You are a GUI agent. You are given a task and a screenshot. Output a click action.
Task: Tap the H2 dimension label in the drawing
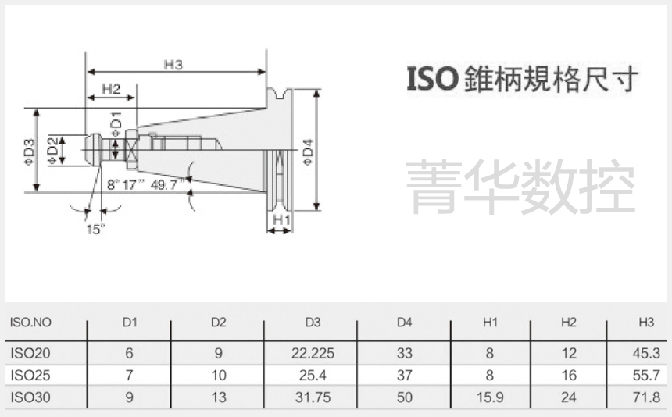[110, 90]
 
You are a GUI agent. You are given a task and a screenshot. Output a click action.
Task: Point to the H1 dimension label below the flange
[281, 221]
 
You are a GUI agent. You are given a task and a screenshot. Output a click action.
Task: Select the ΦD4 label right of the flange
[307, 151]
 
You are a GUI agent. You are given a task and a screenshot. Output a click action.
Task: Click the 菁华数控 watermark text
[521, 186]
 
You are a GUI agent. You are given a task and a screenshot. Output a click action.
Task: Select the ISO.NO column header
[30, 323]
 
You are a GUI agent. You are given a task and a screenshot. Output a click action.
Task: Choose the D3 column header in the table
[313, 323]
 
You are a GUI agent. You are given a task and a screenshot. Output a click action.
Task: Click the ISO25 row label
[30, 375]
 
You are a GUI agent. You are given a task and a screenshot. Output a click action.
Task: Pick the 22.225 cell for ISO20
[313, 353]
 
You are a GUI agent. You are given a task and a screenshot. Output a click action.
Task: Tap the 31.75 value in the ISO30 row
[313, 397]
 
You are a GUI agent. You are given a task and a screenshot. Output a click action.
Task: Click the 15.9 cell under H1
[490, 397]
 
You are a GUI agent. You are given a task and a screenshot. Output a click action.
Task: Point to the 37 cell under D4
[404, 375]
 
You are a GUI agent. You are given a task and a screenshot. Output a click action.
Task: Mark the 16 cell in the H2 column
[569, 375]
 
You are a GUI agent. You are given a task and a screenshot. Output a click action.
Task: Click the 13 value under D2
[219, 397]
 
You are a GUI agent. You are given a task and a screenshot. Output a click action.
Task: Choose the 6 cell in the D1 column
[130, 353]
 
